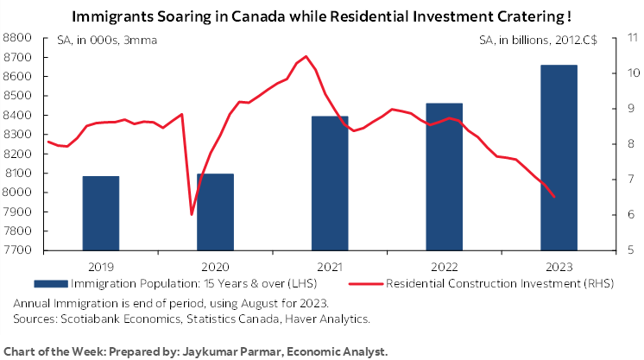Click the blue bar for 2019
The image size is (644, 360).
100,213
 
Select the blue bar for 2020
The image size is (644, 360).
215,212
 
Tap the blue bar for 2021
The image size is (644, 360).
330,183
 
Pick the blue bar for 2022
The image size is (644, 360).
444,177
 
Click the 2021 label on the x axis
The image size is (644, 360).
330,266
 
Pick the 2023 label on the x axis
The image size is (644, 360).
559,266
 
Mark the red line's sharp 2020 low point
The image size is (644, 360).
192,214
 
